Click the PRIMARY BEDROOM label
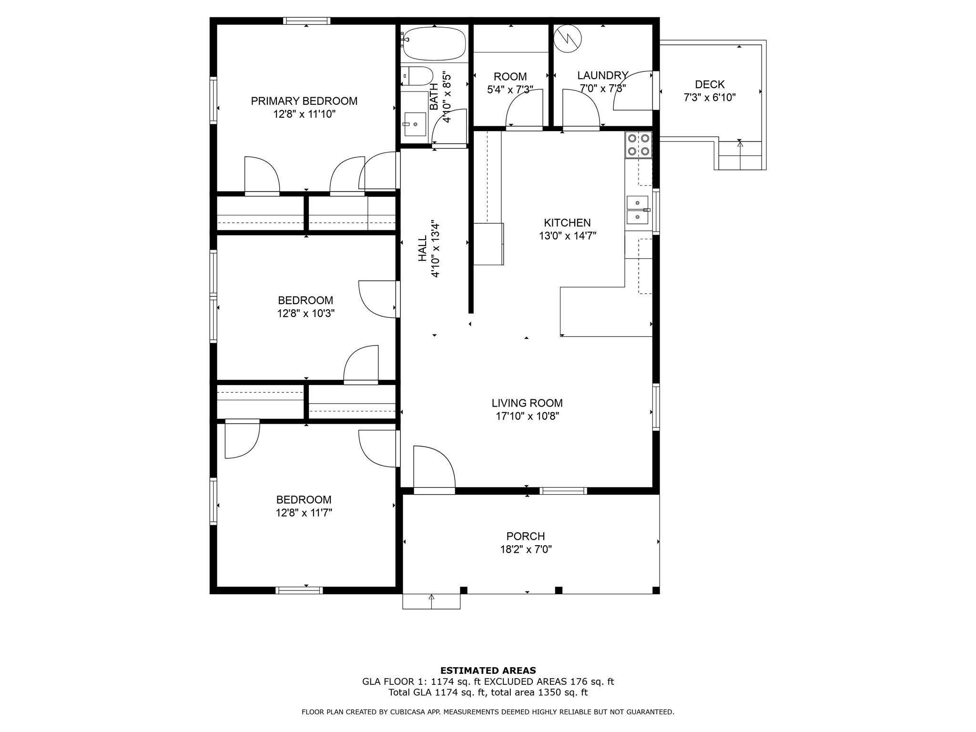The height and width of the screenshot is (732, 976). [304, 101]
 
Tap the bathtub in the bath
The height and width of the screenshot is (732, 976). [433, 43]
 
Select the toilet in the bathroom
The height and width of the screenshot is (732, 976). [417, 76]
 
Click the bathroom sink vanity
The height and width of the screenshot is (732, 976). [414, 124]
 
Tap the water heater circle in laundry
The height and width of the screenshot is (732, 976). [568, 39]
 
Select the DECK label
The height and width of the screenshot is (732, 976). [710, 84]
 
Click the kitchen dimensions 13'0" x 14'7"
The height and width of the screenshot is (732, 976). [568, 235]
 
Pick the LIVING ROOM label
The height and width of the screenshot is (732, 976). [527, 403]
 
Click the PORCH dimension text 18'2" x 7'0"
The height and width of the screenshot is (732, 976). [526, 549]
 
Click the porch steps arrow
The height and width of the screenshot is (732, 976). [432, 601]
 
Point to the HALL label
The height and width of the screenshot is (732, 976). [423, 249]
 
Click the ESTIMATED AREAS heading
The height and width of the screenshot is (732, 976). [488, 671]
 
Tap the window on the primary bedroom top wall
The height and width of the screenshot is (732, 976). [306, 20]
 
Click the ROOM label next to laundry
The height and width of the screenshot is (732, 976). [510, 77]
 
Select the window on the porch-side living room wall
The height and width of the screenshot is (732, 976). [563, 491]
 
